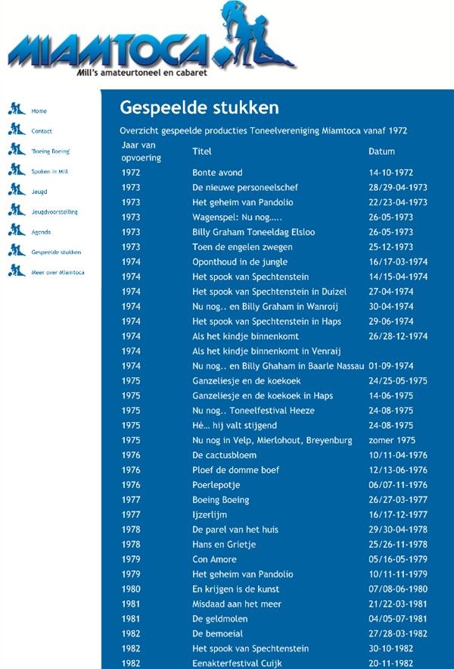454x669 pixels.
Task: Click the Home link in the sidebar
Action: [x=39, y=111]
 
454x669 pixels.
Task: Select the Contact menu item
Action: [x=42, y=131]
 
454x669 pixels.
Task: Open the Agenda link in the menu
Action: [x=41, y=232]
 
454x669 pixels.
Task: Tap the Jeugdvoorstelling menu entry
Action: [x=54, y=211]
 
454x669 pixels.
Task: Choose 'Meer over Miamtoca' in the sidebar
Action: [x=58, y=272]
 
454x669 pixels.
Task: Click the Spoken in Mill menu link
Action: [x=49, y=171]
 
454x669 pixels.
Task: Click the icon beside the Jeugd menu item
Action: [x=17, y=189]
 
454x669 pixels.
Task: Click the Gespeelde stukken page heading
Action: [x=199, y=108]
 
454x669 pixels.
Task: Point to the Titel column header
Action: [x=201, y=152]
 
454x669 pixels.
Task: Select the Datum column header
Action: [x=381, y=152]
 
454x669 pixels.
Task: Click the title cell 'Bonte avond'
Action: [x=217, y=173]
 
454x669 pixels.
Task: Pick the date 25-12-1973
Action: [x=390, y=247]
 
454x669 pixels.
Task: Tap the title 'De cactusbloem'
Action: [x=224, y=455]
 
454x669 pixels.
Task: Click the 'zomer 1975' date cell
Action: [x=392, y=440]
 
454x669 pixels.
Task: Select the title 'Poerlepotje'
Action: [x=216, y=485]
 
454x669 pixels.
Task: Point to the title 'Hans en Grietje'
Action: [x=224, y=545]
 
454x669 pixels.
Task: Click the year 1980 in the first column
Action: [x=130, y=589]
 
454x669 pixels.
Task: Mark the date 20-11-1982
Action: [x=390, y=664]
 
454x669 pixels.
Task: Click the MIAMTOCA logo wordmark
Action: [x=109, y=51]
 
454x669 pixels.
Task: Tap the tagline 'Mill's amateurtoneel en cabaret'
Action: [x=142, y=73]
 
